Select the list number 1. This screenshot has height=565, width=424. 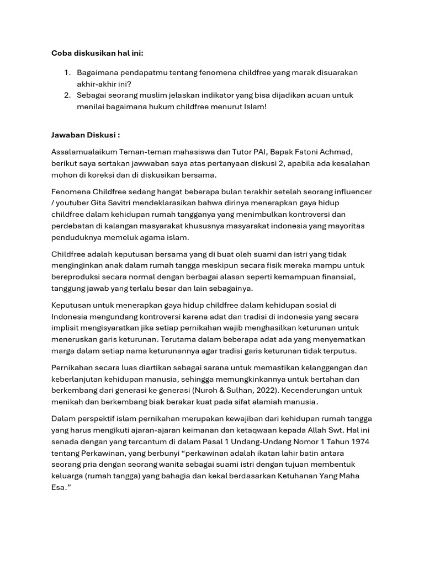(67, 73)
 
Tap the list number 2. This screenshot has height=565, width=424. (67, 95)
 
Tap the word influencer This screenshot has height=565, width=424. (352, 191)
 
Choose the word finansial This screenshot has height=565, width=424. (344, 276)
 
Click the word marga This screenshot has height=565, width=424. (63, 351)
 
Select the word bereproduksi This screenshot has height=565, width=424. (77, 276)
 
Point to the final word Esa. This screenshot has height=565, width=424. (61, 489)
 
